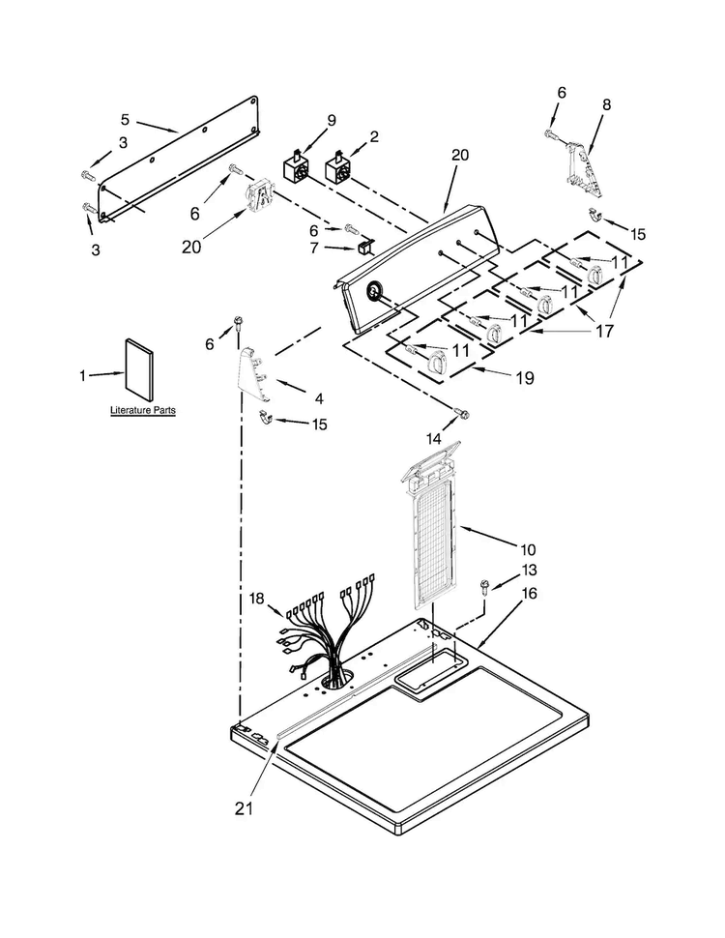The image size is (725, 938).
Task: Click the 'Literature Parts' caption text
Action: [x=143, y=410]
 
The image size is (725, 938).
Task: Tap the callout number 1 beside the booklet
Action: [x=82, y=375]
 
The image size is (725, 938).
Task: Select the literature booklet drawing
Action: [x=139, y=370]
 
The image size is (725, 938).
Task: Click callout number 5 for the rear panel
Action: [x=125, y=120]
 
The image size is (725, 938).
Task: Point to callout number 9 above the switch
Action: [x=332, y=120]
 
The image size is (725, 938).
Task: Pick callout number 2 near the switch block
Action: [x=374, y=137]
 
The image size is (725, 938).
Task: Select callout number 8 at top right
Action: [x=606, y=104]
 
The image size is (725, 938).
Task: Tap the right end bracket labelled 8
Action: [x=583, y=169]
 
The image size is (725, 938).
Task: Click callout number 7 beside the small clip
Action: [x=314, y=247]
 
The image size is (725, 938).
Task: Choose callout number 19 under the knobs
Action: [x=525, y=378]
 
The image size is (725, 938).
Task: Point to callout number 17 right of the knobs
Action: [x=605, y=330]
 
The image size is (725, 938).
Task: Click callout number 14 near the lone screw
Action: [x=434, y=438]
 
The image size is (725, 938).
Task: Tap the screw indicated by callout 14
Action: [x=461, y=413]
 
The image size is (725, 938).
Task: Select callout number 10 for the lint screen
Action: [x=528, y=549]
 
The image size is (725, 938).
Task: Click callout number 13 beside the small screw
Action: [x=529, y=571]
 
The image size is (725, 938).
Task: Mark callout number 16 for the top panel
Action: [x=529, y=593]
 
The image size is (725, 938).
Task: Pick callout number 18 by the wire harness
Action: [x=256, y=599]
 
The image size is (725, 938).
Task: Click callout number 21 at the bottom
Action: [x=244, y=808]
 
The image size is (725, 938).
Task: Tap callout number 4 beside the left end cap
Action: [x=319, y=398]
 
